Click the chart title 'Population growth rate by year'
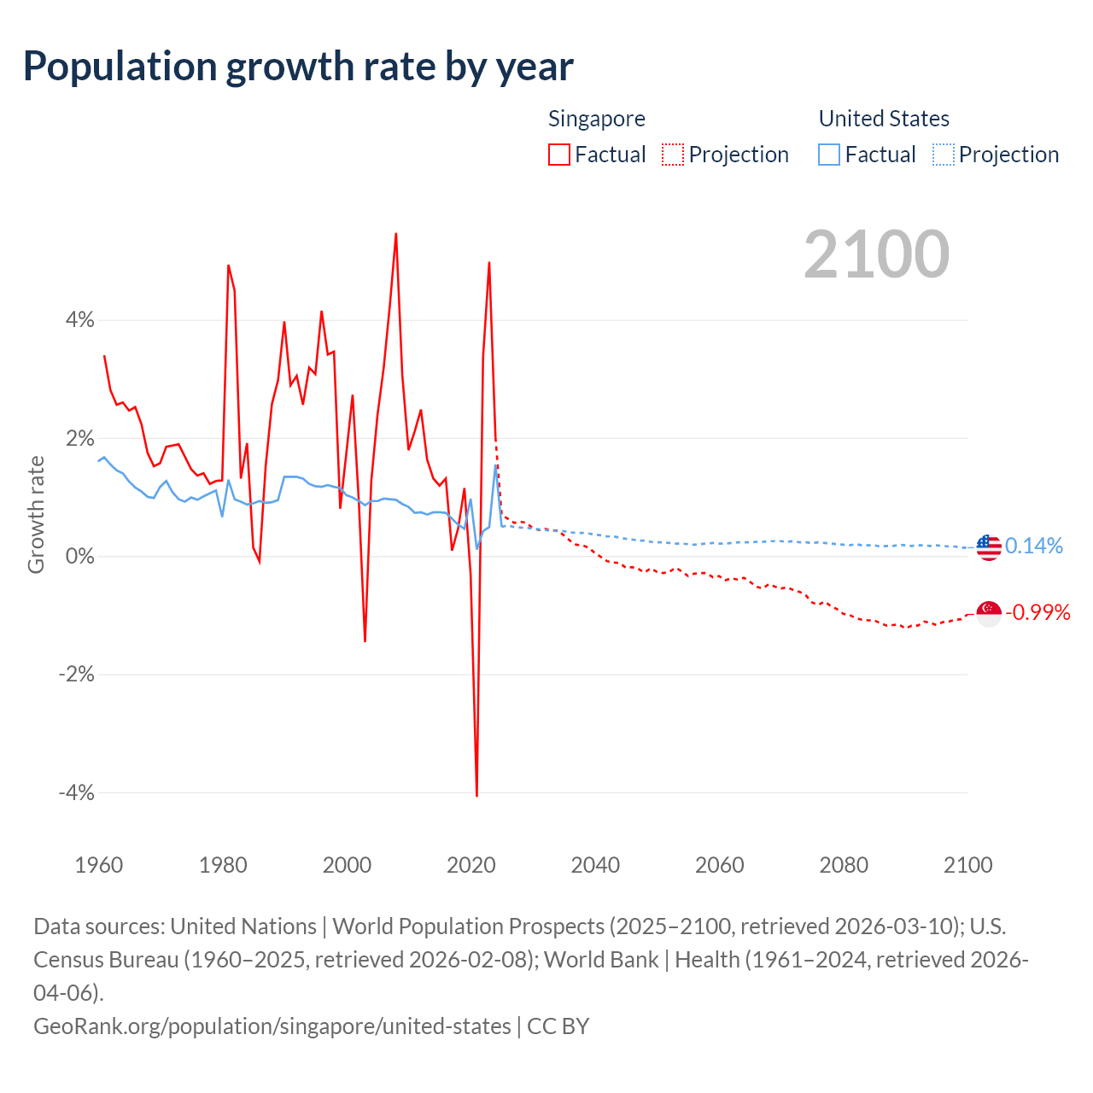coord(298,67)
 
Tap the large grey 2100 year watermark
coord(876,254)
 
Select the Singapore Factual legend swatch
coord(558,155)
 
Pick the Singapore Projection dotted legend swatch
coord(673,155)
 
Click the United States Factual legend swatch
coord(828,155)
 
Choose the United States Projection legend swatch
coord(943,155)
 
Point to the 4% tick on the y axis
coord(79,320)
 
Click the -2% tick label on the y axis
coord(76,675)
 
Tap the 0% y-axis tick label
coord(79,557)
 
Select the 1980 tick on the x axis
coord(223,865)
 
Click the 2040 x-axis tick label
coord(595,865)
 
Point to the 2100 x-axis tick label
coord(967,865)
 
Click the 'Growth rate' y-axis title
coord(36,514)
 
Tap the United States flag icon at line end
coord(989,547)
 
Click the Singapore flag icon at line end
coord(989,613)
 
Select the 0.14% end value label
coord(1033,546)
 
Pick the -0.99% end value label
coord(1037,612)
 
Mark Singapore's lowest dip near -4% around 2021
coord(476,795)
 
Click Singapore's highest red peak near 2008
coord(396,234)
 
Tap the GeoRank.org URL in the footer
coord(272,1026)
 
